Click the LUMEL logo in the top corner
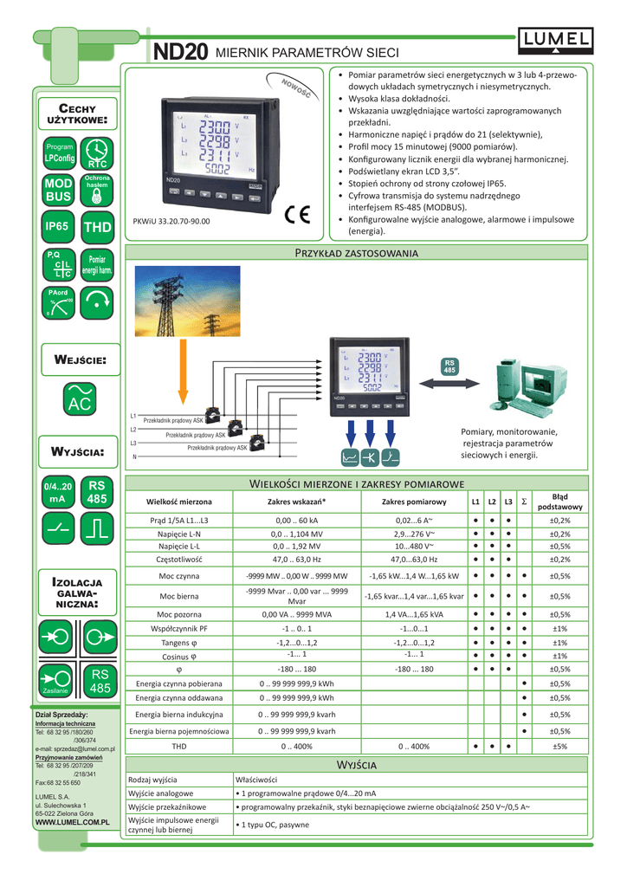pos(556,37)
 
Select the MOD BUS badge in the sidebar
pos(58,191)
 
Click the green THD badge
pos(97,227)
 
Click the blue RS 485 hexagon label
pos(449,366)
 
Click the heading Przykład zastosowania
pos(357,253)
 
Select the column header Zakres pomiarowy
pos(414,502)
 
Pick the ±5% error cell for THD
pos(559,746)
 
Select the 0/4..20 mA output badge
pos(58,493)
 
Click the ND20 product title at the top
pos(180,53)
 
